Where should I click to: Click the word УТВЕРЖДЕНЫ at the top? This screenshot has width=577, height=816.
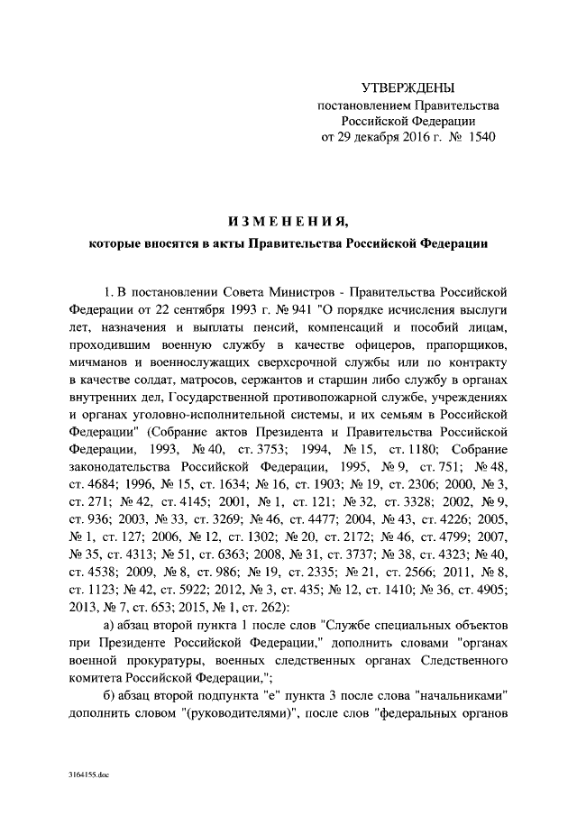(x=408, y=87)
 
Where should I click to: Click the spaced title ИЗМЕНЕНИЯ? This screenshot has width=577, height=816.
(x=288, y=220)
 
